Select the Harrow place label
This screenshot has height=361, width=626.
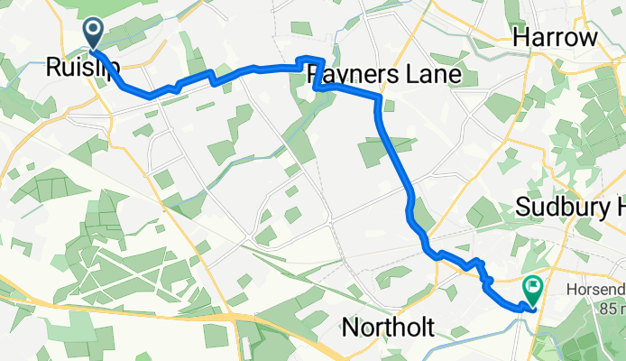(555, 38)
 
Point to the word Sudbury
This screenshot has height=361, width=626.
(560, 207)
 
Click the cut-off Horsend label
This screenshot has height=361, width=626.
(594, 291)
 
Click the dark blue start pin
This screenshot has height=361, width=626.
(94, 34)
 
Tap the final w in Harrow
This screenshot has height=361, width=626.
(589, 38)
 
